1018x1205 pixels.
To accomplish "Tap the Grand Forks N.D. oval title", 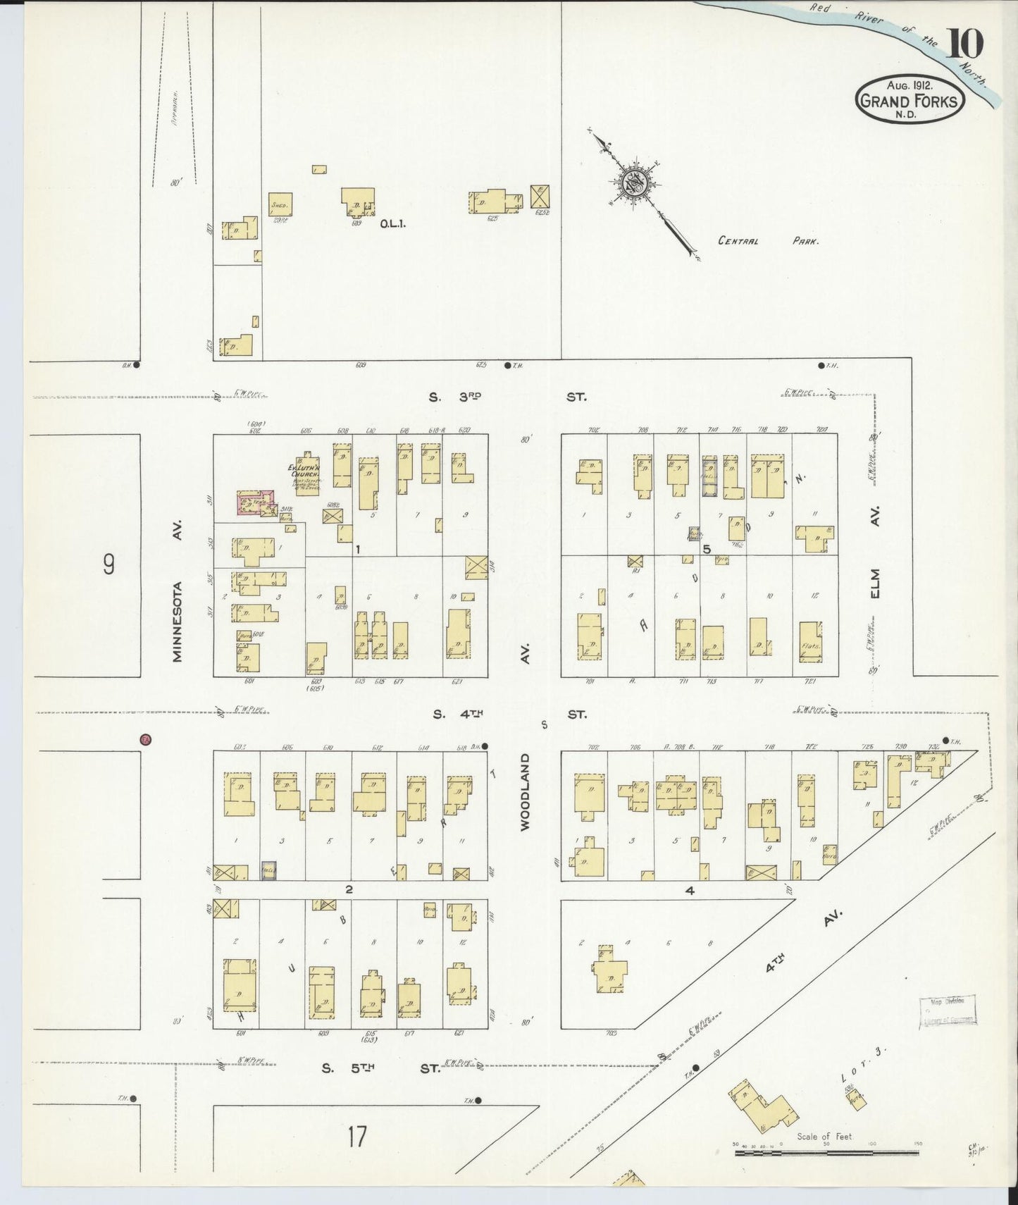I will tap(910, 101).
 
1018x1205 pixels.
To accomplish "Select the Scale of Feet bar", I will tap(826, 1153).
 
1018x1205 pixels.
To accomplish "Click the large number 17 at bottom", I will tap(357, 1137).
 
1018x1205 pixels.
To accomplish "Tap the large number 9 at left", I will tap(109, 564).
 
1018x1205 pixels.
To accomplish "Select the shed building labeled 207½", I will tap(280, 204).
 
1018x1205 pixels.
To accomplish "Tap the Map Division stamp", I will tap(948, 1011).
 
